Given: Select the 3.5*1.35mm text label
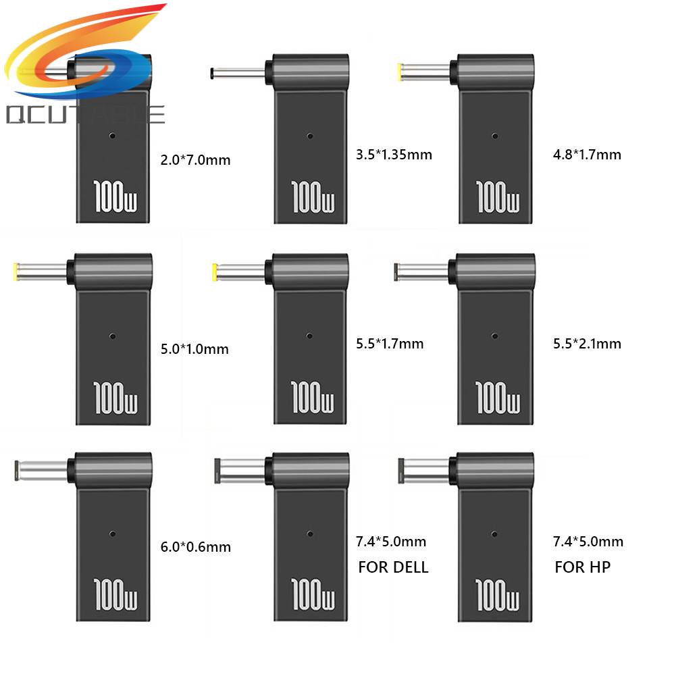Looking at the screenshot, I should [393, 155].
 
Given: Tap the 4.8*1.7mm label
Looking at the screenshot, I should [586, 155].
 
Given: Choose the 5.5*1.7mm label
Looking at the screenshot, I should [389, 344].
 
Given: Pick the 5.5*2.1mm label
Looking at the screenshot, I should [586, 344].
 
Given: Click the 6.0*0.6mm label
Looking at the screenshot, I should [194, 547].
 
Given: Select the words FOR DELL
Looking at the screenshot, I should [393, 567].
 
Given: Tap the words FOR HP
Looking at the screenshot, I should [582, 567].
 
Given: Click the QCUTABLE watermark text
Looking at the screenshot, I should [84, 114].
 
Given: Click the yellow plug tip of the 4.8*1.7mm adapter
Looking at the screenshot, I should [403, 71].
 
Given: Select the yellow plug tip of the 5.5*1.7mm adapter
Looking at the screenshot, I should [215, 271].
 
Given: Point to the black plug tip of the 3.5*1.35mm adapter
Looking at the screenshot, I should [213, 72].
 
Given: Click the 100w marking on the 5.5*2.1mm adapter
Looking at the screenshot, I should [498, 396].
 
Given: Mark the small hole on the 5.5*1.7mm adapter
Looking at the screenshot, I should [309, 336].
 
